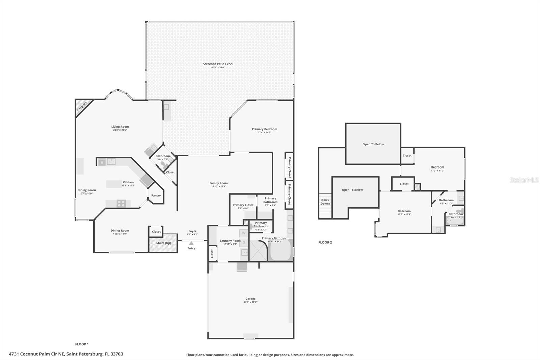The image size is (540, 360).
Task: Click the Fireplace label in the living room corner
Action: (x=82, y=106)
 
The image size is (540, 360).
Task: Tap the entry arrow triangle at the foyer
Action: (x=191, y=243)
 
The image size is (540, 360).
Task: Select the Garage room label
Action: (x=250, y=299)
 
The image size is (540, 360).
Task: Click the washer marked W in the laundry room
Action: (x=244, y=233)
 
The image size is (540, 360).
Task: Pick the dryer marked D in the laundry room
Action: (x=244, y=242)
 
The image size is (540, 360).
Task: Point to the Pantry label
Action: (x=156, y=195)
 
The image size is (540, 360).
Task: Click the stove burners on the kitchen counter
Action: (x=121, y=203)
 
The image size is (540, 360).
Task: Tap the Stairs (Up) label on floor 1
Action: (x=163, y=243)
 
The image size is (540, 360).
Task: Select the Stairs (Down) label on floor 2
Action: (x=325, y=202)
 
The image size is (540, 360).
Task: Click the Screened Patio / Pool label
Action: (x=218, y=64)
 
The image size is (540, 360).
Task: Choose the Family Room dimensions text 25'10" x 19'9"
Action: (x=218, y=186)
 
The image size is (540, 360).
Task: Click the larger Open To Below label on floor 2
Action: (x=373, y=144)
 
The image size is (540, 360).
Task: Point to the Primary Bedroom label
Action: (x=265, y=129)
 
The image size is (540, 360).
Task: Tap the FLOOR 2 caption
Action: (x=325, y=242)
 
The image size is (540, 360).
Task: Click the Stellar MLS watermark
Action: (x=524, y=180)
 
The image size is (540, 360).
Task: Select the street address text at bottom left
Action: (x=66, y=354)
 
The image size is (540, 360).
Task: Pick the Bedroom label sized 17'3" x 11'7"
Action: (x=437, y=167)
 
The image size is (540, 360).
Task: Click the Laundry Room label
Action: (x=230, y=241)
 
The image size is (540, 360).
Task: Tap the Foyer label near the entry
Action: (x=192, y=231)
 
